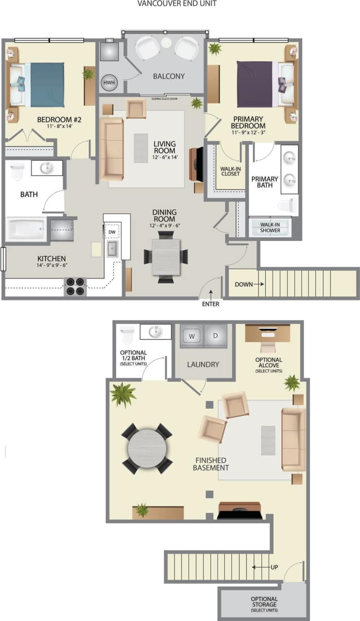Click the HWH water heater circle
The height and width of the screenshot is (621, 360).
point(109,83)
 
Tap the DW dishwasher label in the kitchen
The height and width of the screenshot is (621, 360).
point(112,232)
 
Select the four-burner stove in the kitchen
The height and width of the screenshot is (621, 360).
point(75,286)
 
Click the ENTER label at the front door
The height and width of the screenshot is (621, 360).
point(210,304)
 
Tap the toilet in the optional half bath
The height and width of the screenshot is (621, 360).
point(127,334)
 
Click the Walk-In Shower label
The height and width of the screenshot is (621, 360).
point(270,227)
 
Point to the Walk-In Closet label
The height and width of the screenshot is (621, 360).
point(230,171)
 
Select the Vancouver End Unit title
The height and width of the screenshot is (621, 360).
point(177,4)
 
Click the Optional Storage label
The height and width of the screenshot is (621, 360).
point(264,604)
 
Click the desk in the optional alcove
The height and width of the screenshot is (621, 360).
point(268,333)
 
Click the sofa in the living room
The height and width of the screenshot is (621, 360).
point(111,149)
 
